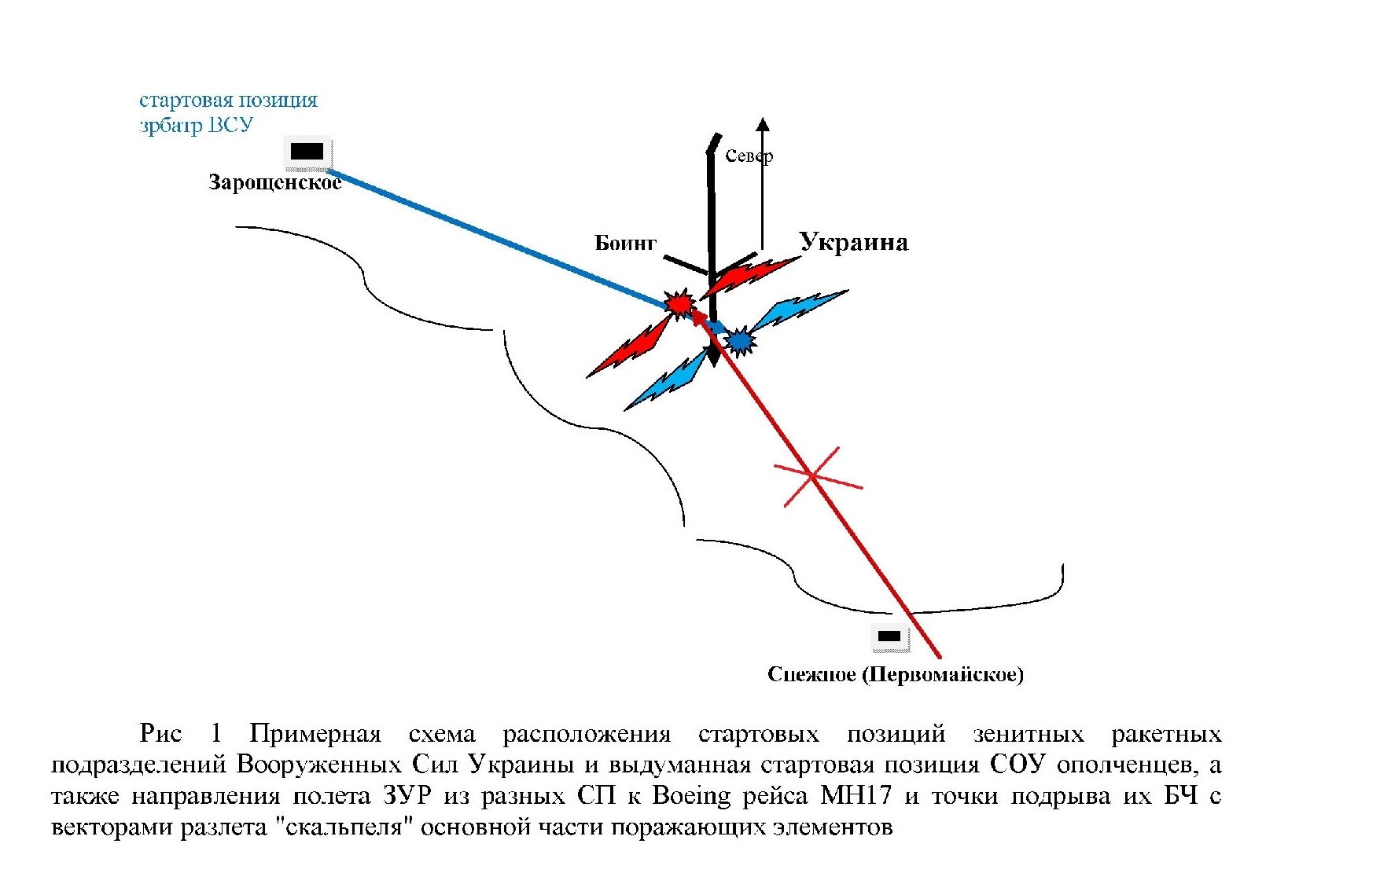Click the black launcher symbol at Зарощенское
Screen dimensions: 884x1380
coord(307,152)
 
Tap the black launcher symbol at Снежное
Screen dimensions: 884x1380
coord(889,636)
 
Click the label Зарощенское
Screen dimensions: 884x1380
coord(274,182)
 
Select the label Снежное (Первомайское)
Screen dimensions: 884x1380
coord(895,674)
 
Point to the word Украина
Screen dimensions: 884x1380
coord(854,242)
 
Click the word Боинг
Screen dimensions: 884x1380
coord(625,243)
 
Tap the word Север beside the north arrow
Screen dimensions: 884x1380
coord(749,156)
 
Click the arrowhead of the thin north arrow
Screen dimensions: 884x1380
coord(763,124)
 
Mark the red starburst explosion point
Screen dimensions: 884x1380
coord(679,303)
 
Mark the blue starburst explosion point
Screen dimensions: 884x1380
coord(740,340)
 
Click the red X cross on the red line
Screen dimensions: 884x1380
coord(814,476)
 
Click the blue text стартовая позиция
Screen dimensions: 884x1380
coord(228,100)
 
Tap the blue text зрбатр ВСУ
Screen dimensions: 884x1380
coord(196,125)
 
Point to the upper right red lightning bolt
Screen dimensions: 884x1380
coord(751,275)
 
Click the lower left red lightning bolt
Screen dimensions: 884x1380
coord(629,350)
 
